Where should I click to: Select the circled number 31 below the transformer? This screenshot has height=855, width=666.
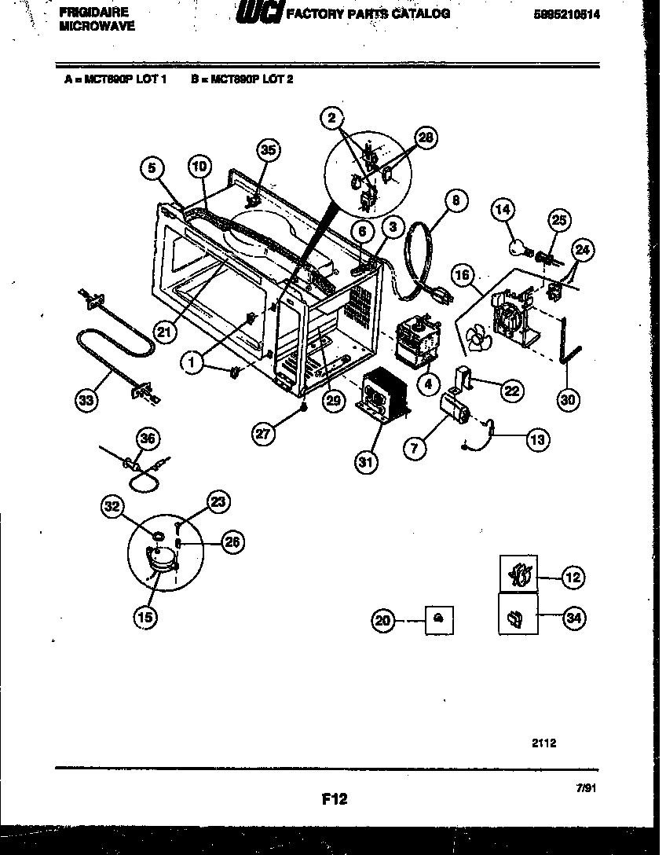coord(366,461)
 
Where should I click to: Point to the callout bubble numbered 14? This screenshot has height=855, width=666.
coord(503,209)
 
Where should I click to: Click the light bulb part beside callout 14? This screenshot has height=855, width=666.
coord(517,248)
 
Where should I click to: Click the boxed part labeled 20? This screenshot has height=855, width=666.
coord(438,620)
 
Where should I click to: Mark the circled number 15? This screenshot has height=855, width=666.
coord(145,618)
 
